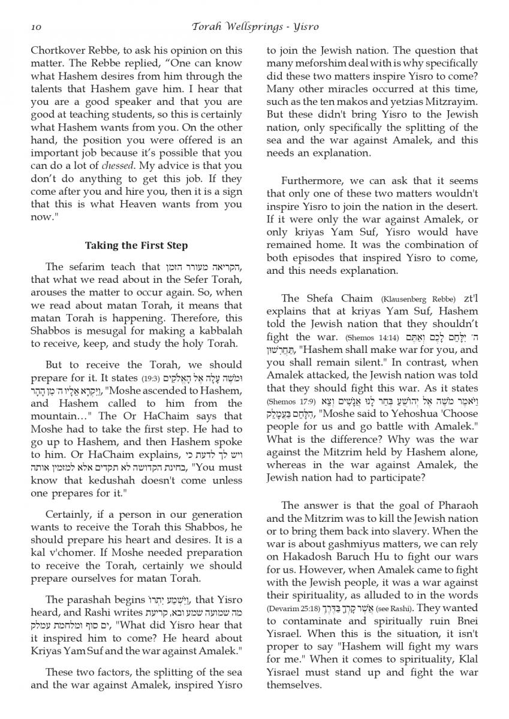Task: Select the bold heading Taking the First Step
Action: pos(137,245)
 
